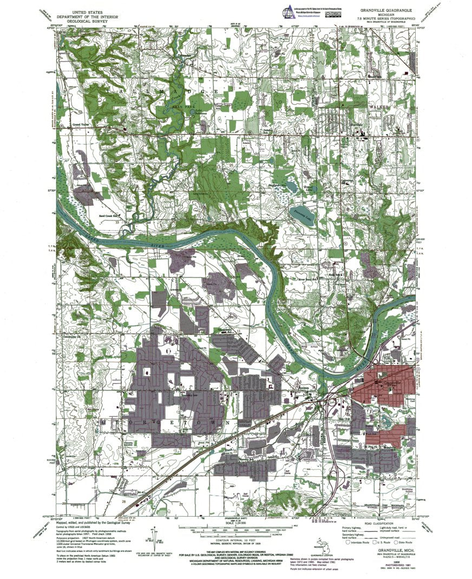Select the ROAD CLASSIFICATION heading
[x=377, y=523]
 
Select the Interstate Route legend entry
[x=358, y=542]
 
